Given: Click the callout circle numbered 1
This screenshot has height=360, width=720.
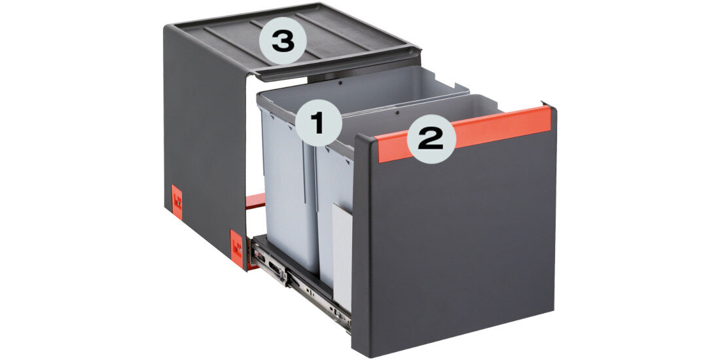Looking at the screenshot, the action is pos(319,123).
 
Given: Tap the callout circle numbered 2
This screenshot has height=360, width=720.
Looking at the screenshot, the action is pos(431,139).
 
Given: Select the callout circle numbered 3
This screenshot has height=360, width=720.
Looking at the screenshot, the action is pos(282,41).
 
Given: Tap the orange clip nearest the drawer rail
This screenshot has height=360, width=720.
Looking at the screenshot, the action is pos(237,249).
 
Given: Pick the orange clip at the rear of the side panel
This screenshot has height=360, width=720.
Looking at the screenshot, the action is pos(177,202).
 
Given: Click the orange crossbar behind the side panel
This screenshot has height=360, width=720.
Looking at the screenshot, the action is pos(255,201).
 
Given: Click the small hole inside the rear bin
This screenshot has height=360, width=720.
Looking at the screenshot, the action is pos(340,83).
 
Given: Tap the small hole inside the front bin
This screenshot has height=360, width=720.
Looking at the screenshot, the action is pos(397,111).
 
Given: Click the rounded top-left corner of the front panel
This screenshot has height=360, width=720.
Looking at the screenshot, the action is pos(361,141).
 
